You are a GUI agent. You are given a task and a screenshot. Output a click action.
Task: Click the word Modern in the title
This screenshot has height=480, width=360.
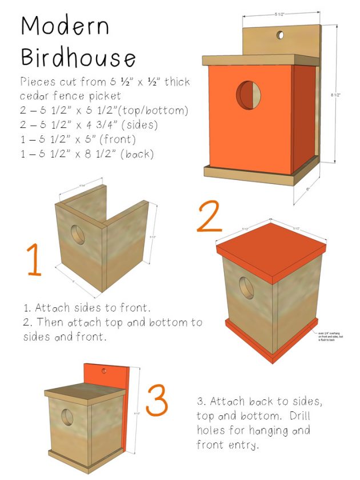(x=65, y=27)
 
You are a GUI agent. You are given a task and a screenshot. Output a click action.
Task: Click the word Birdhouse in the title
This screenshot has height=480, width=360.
(x=79, y=57)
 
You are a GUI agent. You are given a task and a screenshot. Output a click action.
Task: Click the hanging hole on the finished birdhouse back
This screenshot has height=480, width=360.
(x=280, y=35)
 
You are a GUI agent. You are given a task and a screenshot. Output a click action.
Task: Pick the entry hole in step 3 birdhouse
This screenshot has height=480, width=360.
(x=67, y=418)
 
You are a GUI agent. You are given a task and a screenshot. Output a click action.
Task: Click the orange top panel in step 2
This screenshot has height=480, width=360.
(x=271, y=240)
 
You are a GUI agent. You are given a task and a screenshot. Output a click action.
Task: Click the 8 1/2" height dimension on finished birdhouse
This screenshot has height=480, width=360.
(x=342, y=96)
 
